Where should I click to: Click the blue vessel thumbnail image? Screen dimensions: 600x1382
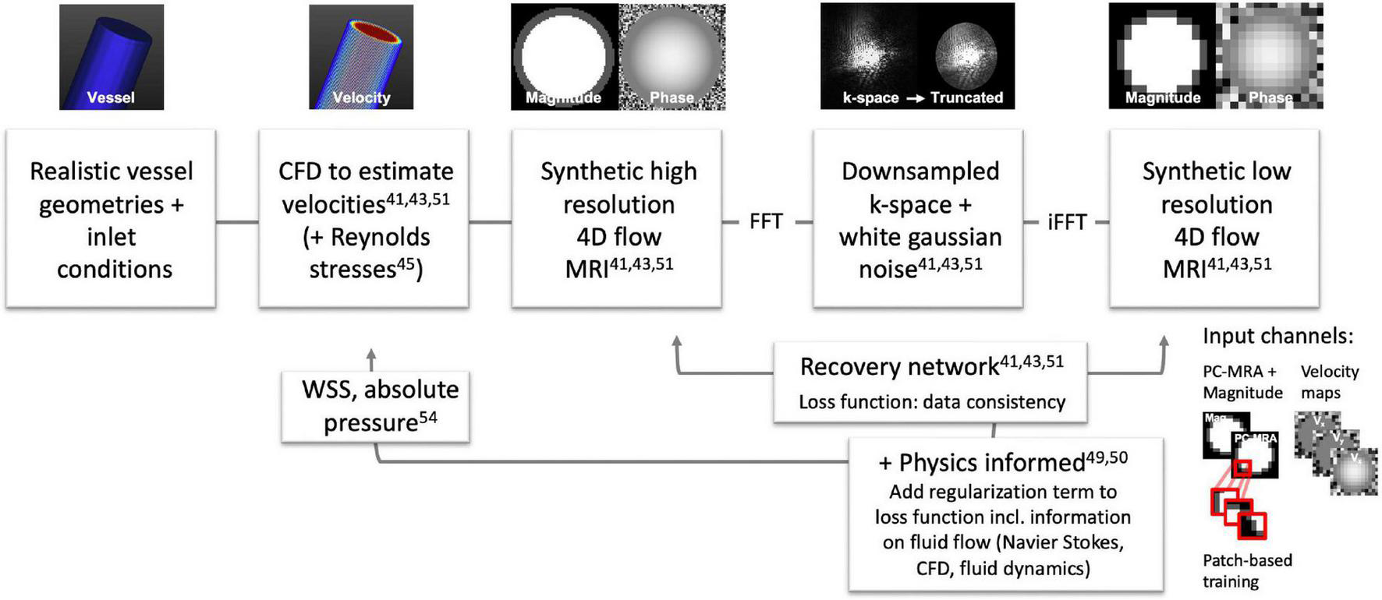pos(112,56)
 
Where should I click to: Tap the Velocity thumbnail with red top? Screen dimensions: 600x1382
pos(361,56)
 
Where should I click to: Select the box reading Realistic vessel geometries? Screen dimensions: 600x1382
pos(111,219)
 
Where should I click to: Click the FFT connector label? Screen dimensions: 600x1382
pos(765,222)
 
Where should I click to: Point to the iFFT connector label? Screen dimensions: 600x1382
pos(1066,222)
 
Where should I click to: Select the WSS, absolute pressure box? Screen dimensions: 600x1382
pos(375,407)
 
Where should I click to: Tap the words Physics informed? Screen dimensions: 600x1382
pos(991,463)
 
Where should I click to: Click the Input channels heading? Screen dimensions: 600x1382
pos(1277,337)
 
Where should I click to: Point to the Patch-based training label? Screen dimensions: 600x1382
pos(1246,571)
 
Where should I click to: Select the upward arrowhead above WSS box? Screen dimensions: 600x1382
pos(371,355)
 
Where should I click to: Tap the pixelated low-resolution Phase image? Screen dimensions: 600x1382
pos(1269,56)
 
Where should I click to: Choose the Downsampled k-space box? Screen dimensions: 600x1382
pos(918,219)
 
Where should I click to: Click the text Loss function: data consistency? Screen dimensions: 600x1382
pos(931,402)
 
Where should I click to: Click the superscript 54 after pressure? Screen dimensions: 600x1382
pos(428,418)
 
